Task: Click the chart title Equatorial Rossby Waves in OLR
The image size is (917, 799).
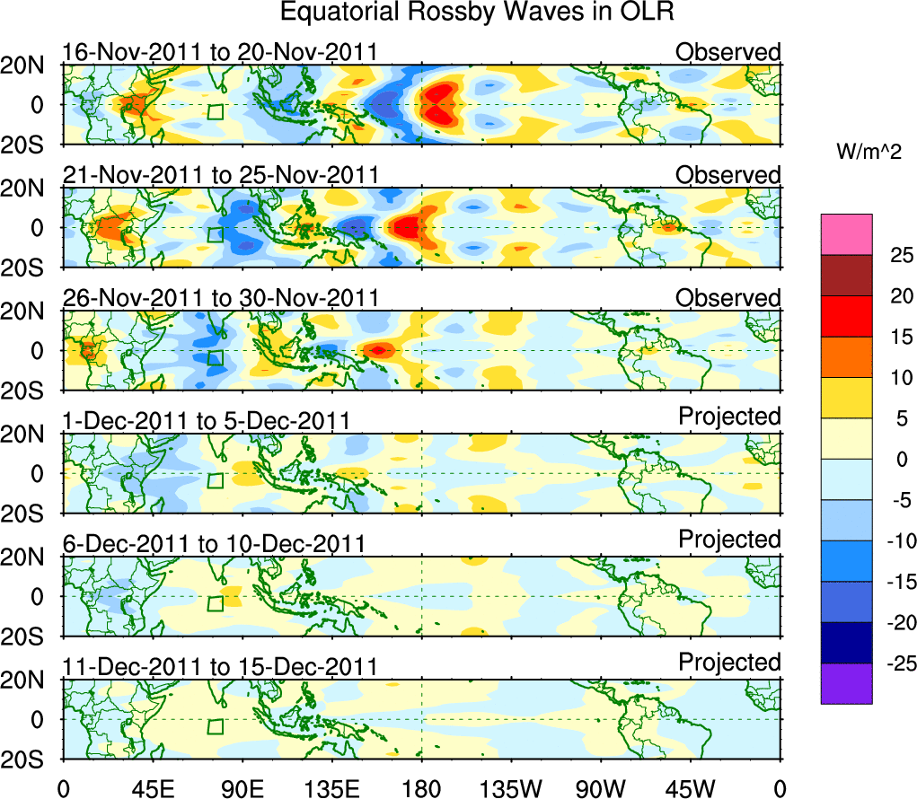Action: coord(477,13)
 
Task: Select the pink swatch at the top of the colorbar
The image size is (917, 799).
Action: coord(846,234)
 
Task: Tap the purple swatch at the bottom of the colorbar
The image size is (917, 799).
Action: coord(846,683)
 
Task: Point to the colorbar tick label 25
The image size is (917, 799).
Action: coord(899,255)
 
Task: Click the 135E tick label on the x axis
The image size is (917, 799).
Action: coord(331,788)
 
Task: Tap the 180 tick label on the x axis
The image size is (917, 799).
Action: coord(421,788)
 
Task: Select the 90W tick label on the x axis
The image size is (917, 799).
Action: coord(601,788)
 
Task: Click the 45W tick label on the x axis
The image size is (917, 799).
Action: coord(691,788)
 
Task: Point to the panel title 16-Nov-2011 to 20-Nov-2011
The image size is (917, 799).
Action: coord(220,52)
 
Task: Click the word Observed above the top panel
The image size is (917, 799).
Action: coord(728,52)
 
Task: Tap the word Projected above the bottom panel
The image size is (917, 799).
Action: coord(729,662)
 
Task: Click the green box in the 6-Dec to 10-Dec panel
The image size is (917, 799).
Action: coord(215,603)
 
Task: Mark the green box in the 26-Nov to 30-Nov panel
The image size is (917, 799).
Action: coord(215,357)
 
